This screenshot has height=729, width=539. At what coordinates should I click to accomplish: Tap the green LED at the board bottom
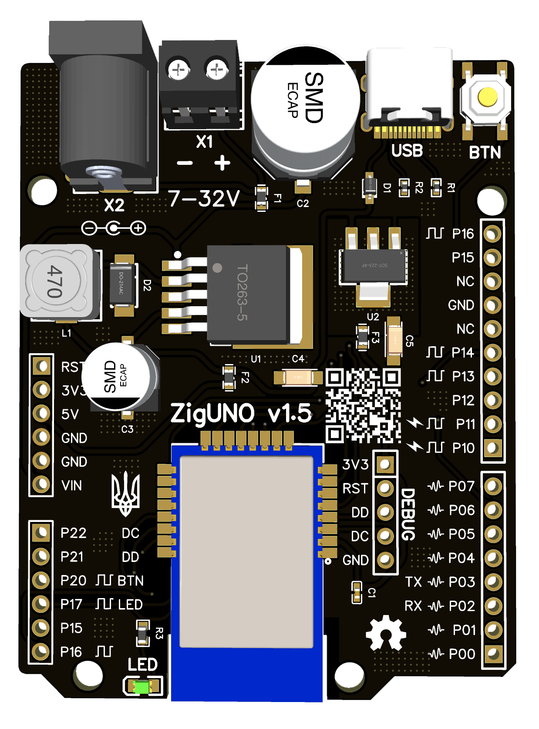click(142, 687)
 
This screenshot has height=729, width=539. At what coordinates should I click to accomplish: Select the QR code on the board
click(363, 405)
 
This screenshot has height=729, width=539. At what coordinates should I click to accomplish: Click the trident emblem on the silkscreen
click(125, 494)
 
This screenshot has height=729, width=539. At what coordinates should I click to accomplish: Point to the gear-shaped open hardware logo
click(386, 633)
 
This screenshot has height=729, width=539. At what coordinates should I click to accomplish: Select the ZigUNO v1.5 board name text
click(241, 413)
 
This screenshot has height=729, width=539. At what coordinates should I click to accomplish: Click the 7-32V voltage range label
click(204, 199)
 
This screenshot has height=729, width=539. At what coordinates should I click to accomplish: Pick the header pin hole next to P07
click(493, 486)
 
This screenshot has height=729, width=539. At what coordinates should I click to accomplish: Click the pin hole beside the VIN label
click(41, 484)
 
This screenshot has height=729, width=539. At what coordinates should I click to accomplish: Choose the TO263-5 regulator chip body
click(247, 293)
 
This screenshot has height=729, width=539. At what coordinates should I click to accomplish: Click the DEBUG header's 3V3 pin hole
click(385, 465)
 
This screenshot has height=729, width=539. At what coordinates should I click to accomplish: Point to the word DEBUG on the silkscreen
click(408, 514)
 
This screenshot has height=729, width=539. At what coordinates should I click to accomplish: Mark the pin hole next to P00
click(493, 653)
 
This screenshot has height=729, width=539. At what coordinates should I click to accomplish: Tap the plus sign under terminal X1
click(222, 163)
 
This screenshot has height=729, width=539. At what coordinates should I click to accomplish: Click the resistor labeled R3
click(143, 633)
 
